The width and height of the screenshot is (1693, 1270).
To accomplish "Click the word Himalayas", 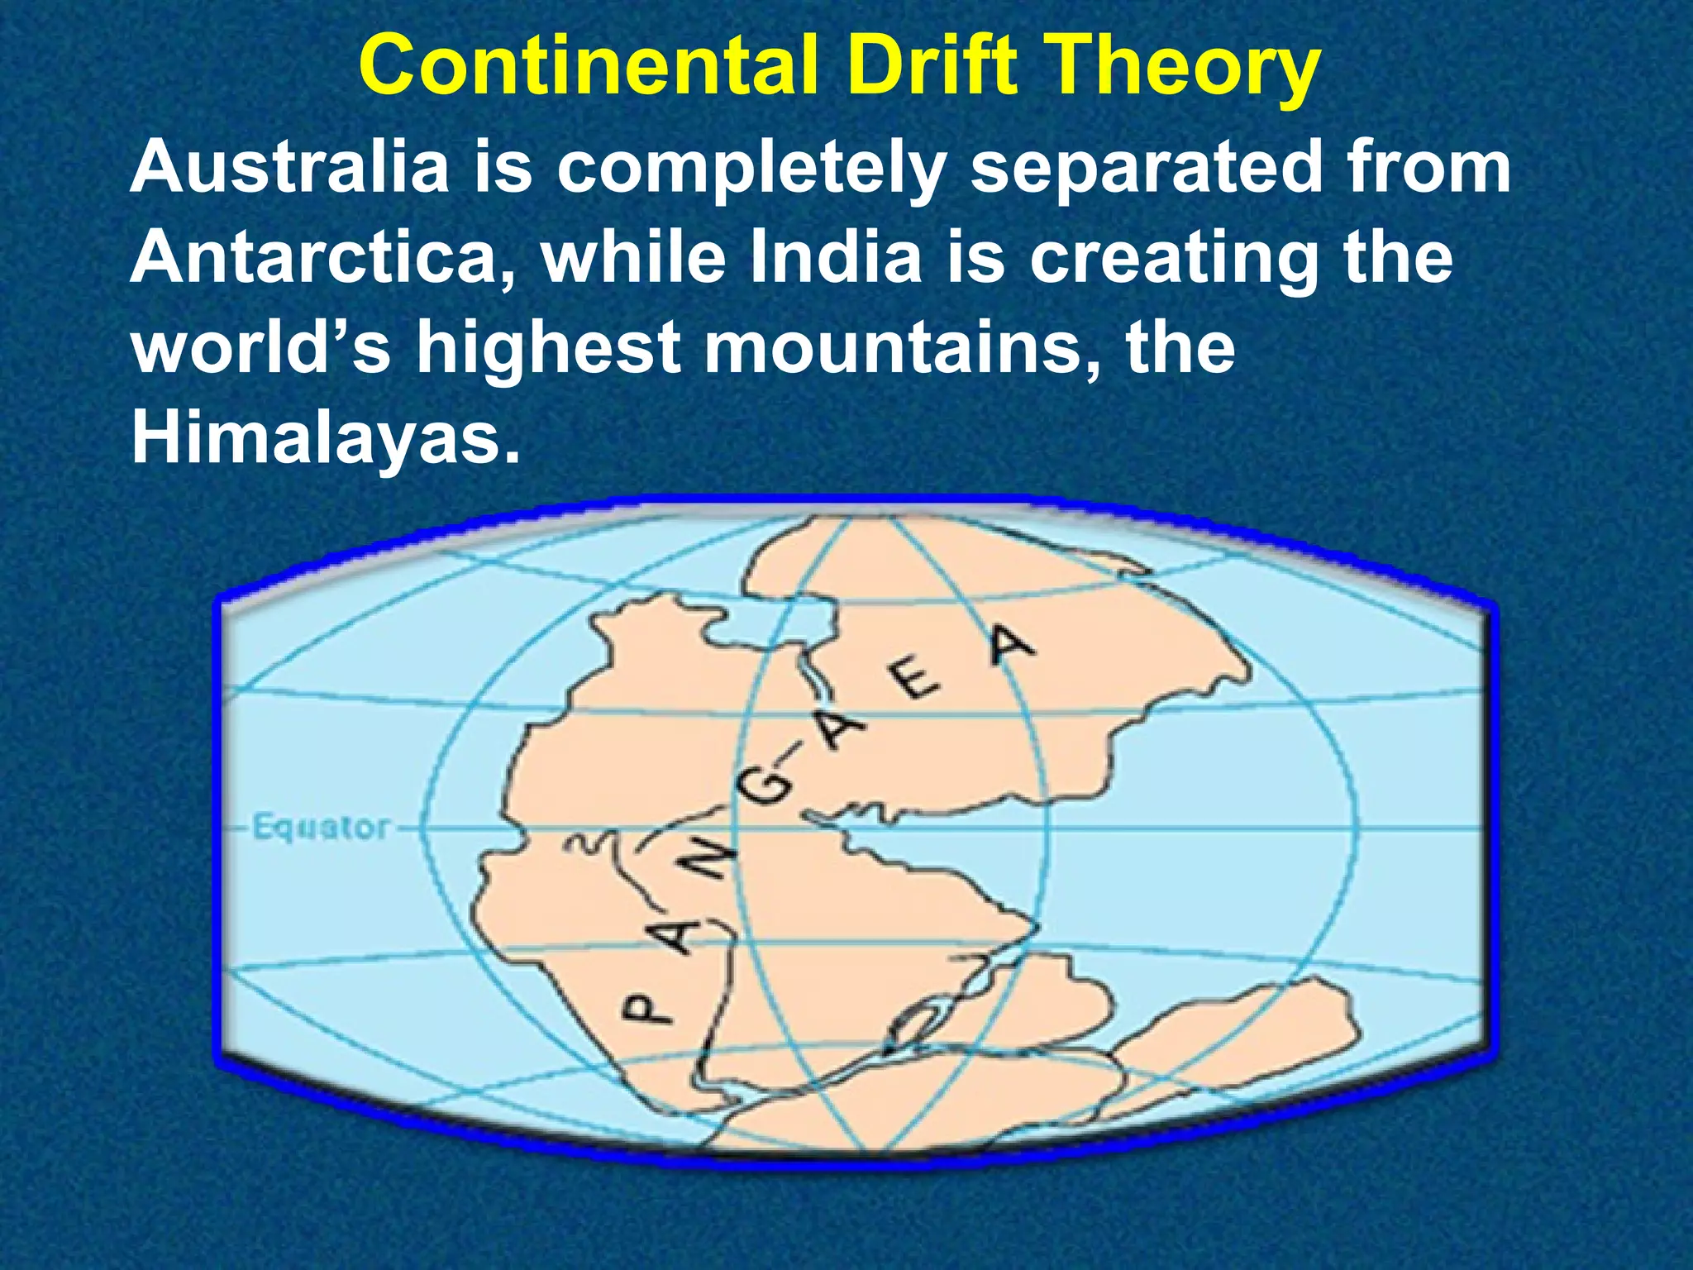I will [x=326, y=438].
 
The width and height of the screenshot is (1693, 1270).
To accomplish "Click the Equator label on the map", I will [x=320, y=828].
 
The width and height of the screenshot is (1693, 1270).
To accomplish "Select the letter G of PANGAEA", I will [x=765, y=788].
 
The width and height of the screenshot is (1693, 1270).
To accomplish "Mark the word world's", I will [x=261, y=347].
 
